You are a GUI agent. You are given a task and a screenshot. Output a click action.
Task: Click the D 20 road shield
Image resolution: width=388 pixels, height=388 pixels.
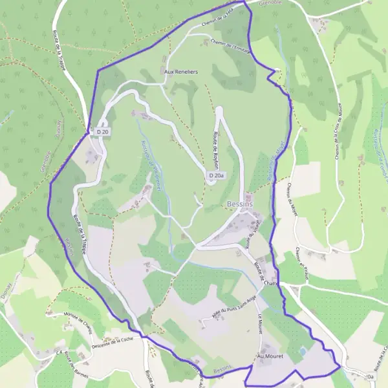102,132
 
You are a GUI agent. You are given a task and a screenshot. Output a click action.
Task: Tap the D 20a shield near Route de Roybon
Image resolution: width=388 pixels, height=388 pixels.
217,175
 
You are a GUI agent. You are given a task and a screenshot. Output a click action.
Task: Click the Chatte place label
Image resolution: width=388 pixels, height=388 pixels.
271,283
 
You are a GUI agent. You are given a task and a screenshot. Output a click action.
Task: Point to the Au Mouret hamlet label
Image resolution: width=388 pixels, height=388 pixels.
270,356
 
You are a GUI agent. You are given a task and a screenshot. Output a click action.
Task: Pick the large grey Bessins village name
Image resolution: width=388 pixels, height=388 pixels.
240,204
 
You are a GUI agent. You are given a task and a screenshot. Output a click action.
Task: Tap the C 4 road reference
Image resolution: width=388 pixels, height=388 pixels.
59,353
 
